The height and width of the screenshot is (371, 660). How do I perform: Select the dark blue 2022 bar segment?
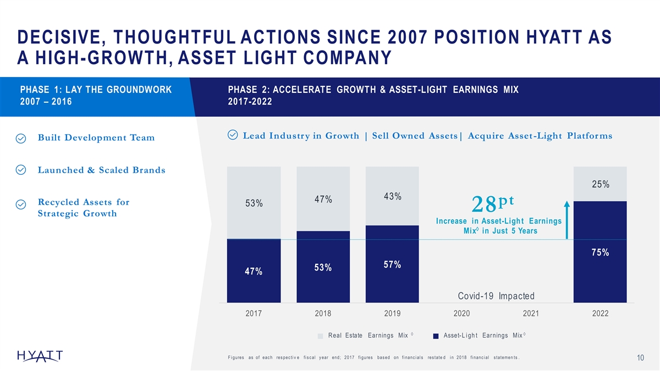click(x=600, y=252)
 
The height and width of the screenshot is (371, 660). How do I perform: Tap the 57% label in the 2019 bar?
click(x=392, y=265)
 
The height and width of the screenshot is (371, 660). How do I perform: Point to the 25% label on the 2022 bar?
click(x=600, y=184)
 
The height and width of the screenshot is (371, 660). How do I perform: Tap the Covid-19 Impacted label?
click(x=496, y=296)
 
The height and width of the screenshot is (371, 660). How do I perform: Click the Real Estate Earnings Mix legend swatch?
click(x=321, y=336)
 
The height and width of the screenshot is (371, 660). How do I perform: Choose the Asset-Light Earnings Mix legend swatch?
click(x=436, y=336)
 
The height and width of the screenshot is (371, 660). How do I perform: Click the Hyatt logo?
click(x=40, y=356)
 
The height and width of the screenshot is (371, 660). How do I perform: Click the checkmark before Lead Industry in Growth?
click(x=232, y=135)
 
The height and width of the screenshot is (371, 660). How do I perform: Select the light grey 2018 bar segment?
click(x=323, y=198)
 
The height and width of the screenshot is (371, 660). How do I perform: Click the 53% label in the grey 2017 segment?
click(x=254, y=203)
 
